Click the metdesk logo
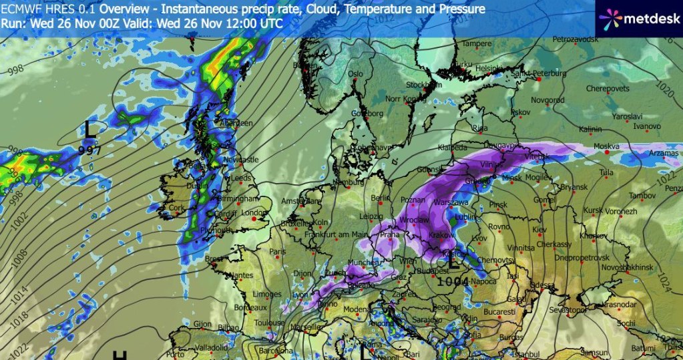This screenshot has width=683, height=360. [x=638, y=18]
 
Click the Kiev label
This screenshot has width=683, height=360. [x=539, y=230]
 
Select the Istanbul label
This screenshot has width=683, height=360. [x=524, y=353]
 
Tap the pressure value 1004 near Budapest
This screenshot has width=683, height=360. [x=453, y=281]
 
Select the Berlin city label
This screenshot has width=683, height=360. [x=380, y=198]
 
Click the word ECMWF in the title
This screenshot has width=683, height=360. [x=24, y=9]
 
